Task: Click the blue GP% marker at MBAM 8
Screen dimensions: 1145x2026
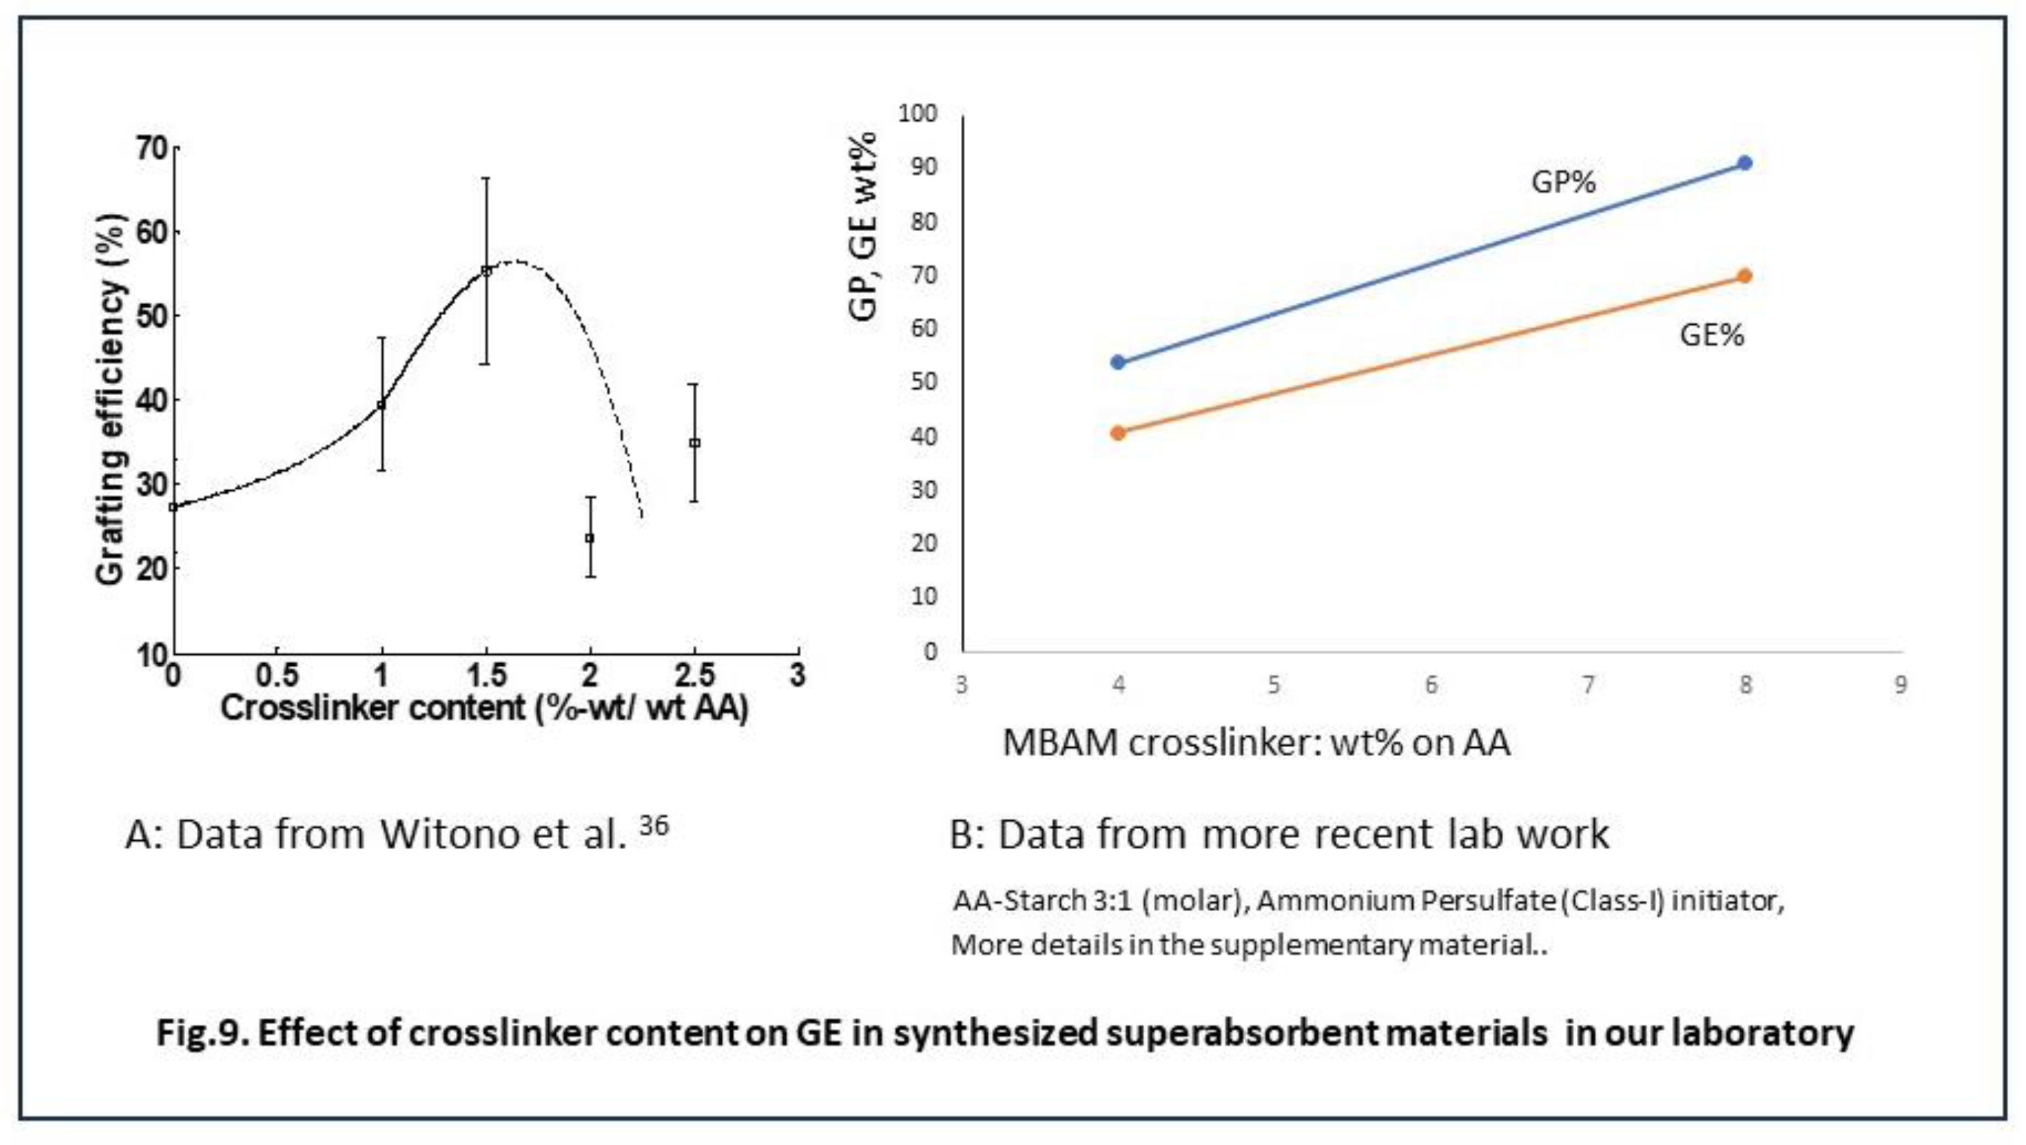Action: (x=1744, y=163)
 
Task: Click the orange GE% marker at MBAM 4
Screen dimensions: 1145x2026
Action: (x=1118, y=433)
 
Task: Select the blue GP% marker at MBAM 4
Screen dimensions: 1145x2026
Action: (x=1118, y=362)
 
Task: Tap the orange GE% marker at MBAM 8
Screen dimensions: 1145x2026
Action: (x=1744, y=276)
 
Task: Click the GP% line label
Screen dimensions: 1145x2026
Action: (x=1563, y=183)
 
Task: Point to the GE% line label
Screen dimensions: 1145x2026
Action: (x=1712, y=335)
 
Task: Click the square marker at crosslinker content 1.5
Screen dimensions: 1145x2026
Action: (x=486, y=271)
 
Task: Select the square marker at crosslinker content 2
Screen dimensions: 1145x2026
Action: (x=590, y=538)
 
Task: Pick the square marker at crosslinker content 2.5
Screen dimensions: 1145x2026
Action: (x=694, y=443)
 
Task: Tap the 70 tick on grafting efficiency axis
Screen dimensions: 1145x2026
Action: (x=152, y=148)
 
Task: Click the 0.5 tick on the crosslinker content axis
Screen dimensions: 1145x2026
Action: (x=277, y=675)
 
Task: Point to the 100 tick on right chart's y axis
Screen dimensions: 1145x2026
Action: (x=918, y=113)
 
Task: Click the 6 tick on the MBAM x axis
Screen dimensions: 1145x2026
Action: (x=1431, y=685)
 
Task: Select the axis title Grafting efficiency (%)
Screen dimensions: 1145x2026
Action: (x=110, y=399)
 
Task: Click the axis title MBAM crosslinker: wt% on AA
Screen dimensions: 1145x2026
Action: (x=1256, y=743)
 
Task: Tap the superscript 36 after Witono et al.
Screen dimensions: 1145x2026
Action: (x=653, y=825)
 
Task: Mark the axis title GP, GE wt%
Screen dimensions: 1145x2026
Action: (x=862, y=226)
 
